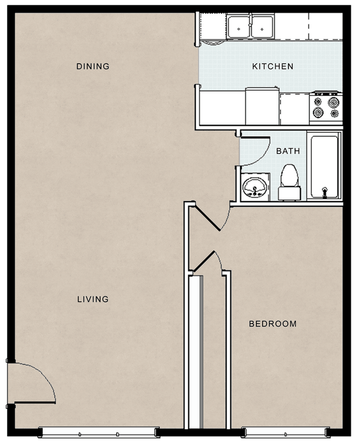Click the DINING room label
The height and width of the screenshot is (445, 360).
[x=92, y=67]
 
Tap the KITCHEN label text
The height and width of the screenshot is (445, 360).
[x=272, y=67]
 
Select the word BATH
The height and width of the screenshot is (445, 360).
[x=288, y=151]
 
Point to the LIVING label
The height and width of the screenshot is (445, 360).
[x=92, y=299]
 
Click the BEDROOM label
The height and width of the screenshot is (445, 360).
[x=272, y=324]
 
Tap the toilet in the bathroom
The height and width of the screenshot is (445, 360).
[x=289, y=182]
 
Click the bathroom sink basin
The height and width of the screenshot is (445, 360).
[x=255, y=187]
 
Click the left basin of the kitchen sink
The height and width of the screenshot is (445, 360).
[x=239, y=27]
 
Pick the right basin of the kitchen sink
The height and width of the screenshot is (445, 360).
[x=263, y=27]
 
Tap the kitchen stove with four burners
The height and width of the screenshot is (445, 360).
[x=326, y=108]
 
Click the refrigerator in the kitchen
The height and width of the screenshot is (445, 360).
[x=262, y=106]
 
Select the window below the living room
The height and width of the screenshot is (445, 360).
[x=99, y=432]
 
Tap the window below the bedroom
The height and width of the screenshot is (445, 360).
[x=285, y=432]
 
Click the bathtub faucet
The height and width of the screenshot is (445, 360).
[x=324, y=192]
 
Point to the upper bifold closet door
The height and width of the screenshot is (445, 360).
[x=207, y=218]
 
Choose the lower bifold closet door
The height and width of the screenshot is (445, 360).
[x=203, y=260]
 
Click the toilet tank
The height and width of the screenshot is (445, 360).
[x=289, y=194]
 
